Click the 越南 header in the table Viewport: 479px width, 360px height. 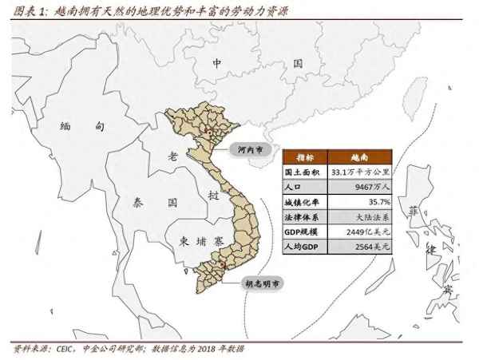(361, 157)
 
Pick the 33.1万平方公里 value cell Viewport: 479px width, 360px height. (362, 172)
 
